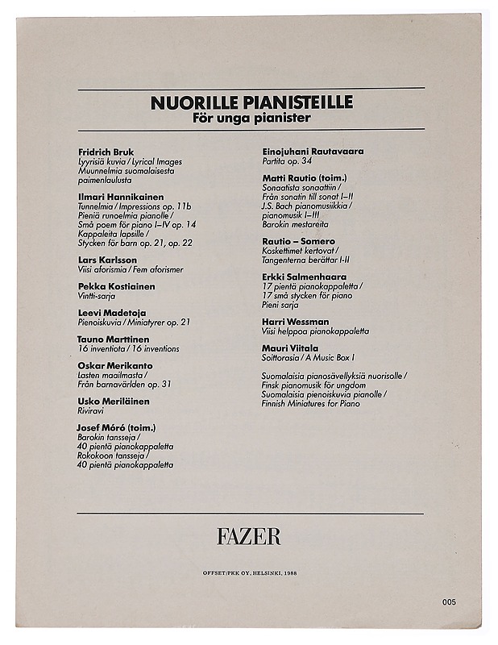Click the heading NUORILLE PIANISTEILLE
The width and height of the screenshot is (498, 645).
coord(251,103)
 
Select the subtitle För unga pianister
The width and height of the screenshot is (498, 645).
coord(251,119)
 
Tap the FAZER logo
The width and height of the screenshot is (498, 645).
coord(248,535)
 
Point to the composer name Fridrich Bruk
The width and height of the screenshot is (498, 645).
coord(106,152)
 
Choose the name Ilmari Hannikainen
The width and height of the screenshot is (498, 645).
coord(121,197)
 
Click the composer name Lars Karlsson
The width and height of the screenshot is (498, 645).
coord(107,260)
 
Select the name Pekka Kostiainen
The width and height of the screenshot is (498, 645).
coord(117,286)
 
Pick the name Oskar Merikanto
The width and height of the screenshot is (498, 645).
coord(115,365)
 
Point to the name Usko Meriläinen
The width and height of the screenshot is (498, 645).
coord(114,401)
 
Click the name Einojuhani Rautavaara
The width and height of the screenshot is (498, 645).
coord(313,151)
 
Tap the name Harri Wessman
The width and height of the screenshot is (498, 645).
coord(296,322)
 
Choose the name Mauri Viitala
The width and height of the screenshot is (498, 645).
coord(290,347)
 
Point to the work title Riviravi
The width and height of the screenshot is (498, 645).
coord(93,410)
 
